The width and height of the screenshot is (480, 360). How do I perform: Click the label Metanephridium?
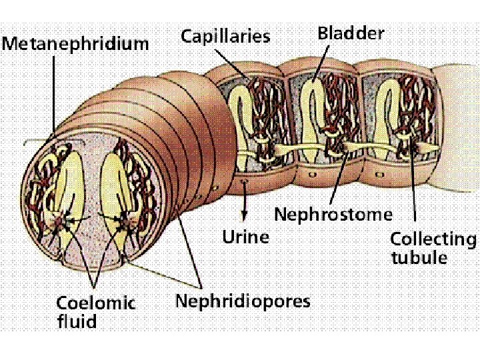coord(75,44)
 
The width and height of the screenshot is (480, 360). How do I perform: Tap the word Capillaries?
coord(226,36)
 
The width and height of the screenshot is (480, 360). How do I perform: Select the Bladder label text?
coord(351,32)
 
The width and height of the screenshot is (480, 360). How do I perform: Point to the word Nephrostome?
coord(333,215)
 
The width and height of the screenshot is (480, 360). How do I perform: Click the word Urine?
coord(246,237)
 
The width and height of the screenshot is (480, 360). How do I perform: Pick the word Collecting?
coord(433,239)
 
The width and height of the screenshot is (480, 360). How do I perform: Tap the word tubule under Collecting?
coord(419,258)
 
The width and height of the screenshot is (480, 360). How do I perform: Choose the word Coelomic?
coord(96,303)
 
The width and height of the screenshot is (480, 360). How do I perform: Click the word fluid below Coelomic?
coord(76,322)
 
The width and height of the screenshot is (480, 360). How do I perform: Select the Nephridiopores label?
coord(243,301)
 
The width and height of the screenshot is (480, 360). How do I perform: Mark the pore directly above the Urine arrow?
coord(245,181)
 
